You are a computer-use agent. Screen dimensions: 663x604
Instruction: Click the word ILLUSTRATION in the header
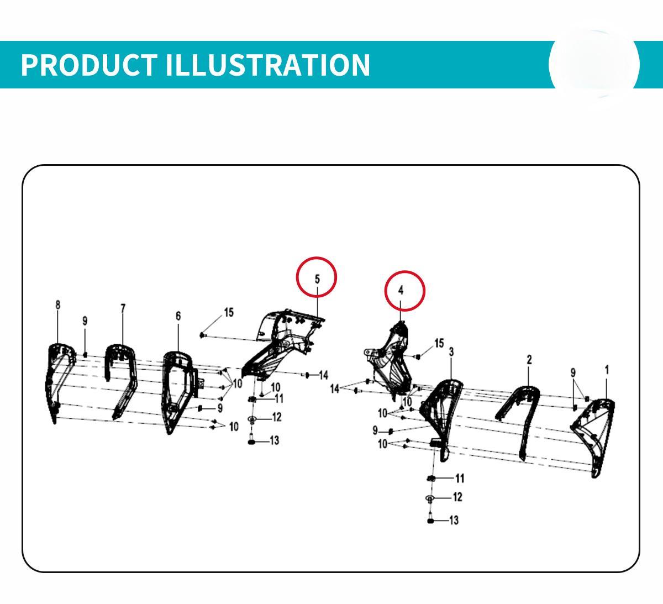tap(268, 65)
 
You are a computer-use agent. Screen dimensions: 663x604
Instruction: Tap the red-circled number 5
tap(317, 279)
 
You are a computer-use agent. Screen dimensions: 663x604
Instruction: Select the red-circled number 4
tap(401, 290)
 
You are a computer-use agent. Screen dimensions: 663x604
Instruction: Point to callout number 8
tap(58, 305)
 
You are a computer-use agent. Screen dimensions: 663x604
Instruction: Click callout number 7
tap(123, 308)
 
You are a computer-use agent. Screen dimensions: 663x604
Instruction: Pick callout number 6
tap(178, 316)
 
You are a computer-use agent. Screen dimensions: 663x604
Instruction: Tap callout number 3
tap(451, 352)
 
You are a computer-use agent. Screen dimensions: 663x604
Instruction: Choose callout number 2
tap(529, 360)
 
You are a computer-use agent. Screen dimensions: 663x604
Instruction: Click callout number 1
tap(607, 370)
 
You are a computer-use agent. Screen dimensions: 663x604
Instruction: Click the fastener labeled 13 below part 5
tap(252, 442)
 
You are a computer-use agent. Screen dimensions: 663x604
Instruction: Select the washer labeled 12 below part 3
tap(429, 498)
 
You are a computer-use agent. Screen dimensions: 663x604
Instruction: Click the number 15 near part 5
tap(229, 312)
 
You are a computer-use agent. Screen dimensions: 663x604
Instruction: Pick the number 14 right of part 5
tap(324, 375)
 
